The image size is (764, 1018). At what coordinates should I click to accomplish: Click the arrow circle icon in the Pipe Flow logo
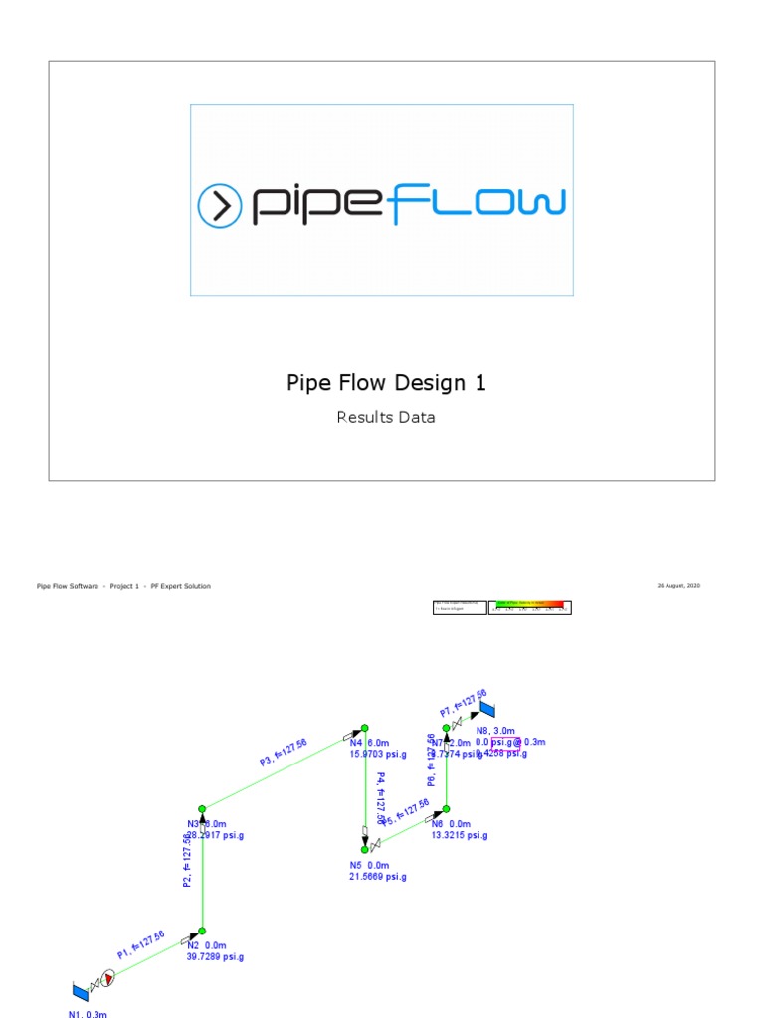(x=220, y=206)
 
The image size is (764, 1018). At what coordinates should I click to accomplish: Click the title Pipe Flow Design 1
(x=386, y=383)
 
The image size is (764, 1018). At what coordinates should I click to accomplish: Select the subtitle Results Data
(x=386, y=418)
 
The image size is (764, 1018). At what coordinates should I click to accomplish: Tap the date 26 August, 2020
(x=678, y=586)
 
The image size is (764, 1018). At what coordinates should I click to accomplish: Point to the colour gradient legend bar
(x=533, y=607)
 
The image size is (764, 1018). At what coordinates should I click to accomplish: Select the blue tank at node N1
(x=80, y=991)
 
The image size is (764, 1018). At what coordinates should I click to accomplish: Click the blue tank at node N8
(x=487, y=708)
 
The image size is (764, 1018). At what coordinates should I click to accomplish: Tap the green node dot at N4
(x=365, y=728)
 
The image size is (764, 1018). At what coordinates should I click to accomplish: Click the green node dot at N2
(x=202, y=932)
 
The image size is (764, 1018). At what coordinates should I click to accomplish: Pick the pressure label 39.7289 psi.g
(x=215, y=957)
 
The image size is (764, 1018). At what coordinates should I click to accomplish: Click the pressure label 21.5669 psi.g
(x=378, y=877)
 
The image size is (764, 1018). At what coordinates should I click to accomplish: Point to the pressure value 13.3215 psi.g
(x=459, y=836)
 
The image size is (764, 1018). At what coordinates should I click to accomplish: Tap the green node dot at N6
(x=446, y=808)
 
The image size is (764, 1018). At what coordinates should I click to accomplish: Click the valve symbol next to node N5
(x=374, y=846)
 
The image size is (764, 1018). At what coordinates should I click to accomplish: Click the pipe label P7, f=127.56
(x=464, y=703)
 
